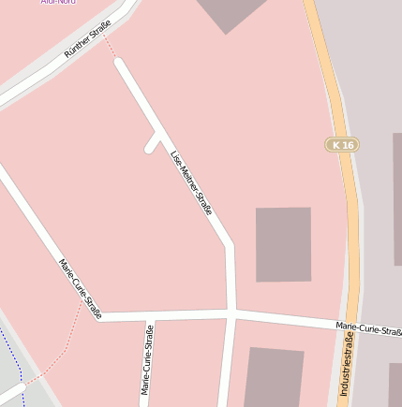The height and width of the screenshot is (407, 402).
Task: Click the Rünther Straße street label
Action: (87, 38)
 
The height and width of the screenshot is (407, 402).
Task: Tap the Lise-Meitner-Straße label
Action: (191, 182)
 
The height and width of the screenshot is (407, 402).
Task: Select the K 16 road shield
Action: (343, 145)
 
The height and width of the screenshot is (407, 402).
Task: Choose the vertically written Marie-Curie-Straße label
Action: (147, 359)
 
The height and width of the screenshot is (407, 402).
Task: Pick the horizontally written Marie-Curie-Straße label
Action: (368, 328)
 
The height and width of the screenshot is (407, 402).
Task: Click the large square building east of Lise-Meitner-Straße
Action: (283, 244)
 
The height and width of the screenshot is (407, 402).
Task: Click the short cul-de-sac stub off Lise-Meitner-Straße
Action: (153, 143)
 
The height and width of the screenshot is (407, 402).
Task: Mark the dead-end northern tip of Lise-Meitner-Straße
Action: (119, 63)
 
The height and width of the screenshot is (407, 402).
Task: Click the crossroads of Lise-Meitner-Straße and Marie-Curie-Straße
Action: (231, 313)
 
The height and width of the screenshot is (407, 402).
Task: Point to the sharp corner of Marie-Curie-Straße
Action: (98, 317)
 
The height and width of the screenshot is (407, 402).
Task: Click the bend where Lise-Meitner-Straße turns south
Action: (230, 247)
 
